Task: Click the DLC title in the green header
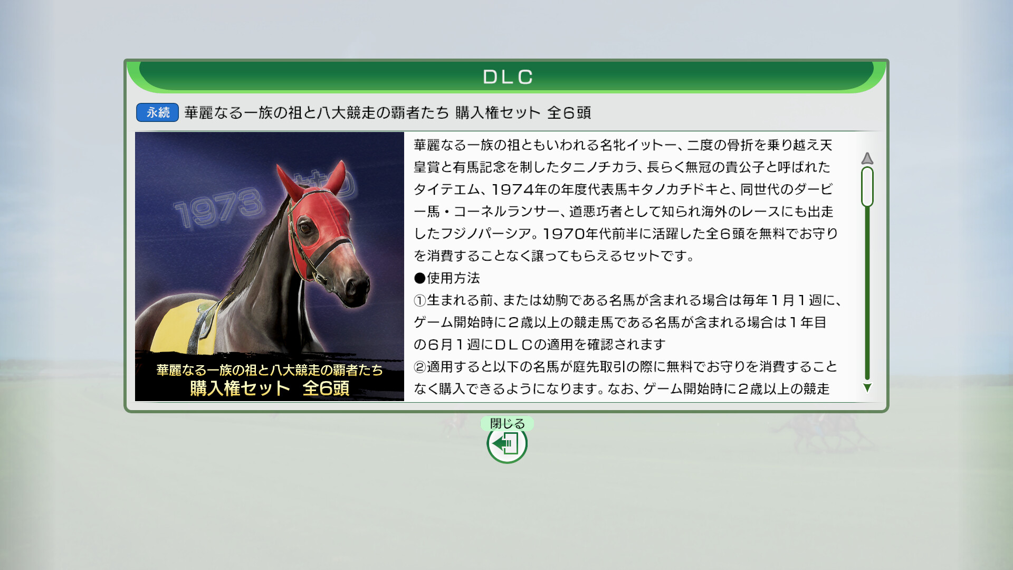click(508, 77)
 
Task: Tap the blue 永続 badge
click(157, 112)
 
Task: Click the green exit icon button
click(507, 444)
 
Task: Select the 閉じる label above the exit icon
click(507, 423)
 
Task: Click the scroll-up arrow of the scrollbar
click(867, 158)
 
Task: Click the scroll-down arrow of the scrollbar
click(867, 388)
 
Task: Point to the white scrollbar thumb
click(867, 187)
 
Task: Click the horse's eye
click(305, 229)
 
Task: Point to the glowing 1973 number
click(218, 208)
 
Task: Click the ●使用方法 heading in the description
click(447, 278)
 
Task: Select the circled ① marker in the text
click(420, 300)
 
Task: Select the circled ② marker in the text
click(420, 367)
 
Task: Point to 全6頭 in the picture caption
click(326, 388)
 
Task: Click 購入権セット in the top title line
click(498, 112)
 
